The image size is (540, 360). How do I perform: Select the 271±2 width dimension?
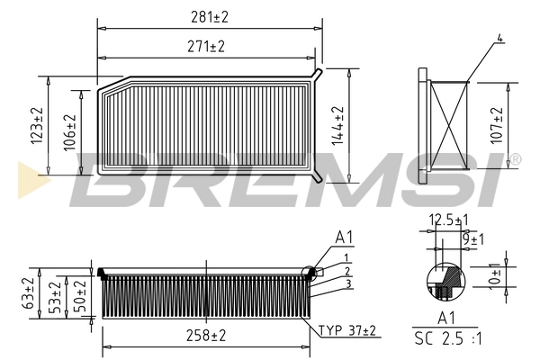[x=207, y=45]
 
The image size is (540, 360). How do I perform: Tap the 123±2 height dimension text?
[x=37, y=126]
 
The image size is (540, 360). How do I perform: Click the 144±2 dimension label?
[x=338, y=126]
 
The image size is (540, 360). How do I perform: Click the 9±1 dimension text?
[x=471, y=238]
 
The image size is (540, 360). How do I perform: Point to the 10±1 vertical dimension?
[x=494, y=275]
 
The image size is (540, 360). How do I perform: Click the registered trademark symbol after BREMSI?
[x=515, y=159]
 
